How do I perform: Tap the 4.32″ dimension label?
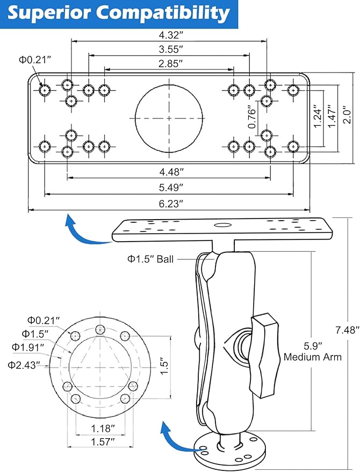(x=171, y=35)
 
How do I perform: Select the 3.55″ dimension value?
(x=171, y=49)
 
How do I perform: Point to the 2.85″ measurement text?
(x=171, y=63)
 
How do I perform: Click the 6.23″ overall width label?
(x=171, y=204)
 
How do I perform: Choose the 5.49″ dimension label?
(x=171, y=187)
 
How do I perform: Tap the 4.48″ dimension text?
(x=171, y=172)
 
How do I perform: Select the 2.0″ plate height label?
(x=347, y=114)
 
